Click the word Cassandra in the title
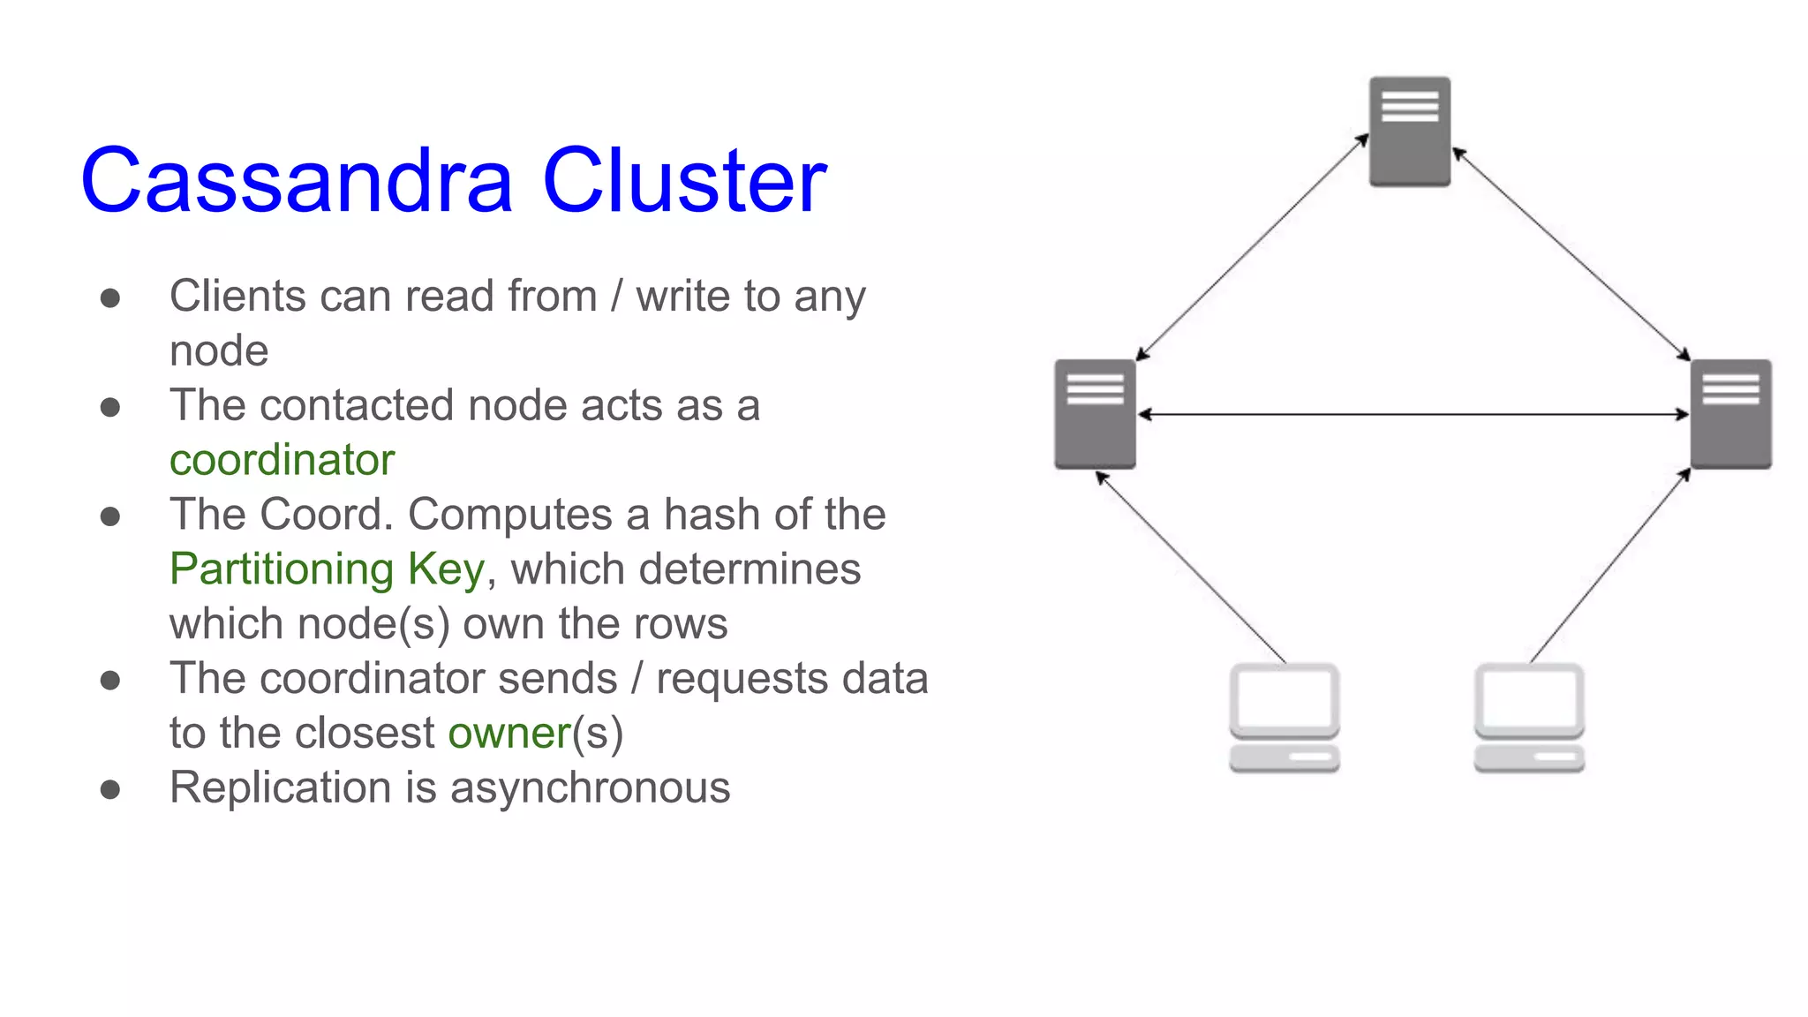coord(296,181)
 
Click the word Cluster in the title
coord(684,181)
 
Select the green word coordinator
coord(282,460)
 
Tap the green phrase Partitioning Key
coord(327,569)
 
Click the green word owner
coord(509,733)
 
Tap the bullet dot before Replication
coord(110,788)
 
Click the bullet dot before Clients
coord(110,298)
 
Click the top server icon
coord(1410,132)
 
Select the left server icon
coord(1095,413)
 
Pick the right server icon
coord(1730,413)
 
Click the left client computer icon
coord(1284,717)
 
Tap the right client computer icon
coord(1529,717)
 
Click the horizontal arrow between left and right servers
coord(1412,414)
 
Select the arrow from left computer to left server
coord(1192,568)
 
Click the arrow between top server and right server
coord(1571,256)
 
